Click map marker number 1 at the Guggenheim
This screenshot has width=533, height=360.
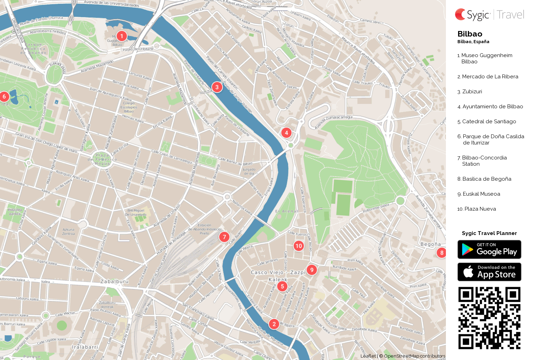point(122,36)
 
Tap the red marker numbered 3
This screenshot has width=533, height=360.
point(217,87)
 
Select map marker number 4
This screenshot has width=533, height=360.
point(286,133)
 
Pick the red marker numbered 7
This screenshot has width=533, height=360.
point(224,237)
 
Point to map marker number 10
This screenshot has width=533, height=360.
point(299,246)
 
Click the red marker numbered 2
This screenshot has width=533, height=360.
point(274,324)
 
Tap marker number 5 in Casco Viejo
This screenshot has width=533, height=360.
point(283,287)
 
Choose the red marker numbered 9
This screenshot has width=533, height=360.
point(312,270)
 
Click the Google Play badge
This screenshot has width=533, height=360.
point(489,249)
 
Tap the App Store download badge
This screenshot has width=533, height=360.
point(489,272)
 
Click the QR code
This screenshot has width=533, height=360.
point(489,318)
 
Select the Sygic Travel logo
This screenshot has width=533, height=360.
point(489,15)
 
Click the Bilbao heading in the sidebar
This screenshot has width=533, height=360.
point(470,34)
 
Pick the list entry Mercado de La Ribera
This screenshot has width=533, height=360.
point(490,77)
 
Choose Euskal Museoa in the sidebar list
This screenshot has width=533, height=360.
point(481,194)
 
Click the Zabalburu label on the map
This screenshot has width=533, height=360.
point(114,281)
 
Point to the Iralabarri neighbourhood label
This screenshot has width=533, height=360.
point(85,347)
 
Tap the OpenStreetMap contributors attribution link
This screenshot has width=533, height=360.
point(414,356)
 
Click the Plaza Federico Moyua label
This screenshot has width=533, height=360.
point(102,159)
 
